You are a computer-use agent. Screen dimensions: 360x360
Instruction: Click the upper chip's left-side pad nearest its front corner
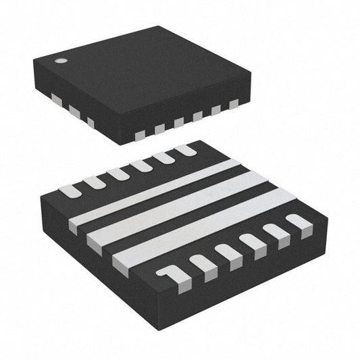(90, 122)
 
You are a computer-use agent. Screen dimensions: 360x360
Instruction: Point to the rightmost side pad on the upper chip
(234, 104)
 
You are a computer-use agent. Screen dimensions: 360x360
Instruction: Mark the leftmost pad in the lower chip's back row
(70, 190)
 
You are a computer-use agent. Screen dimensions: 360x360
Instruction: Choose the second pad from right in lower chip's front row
(276, 231)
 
